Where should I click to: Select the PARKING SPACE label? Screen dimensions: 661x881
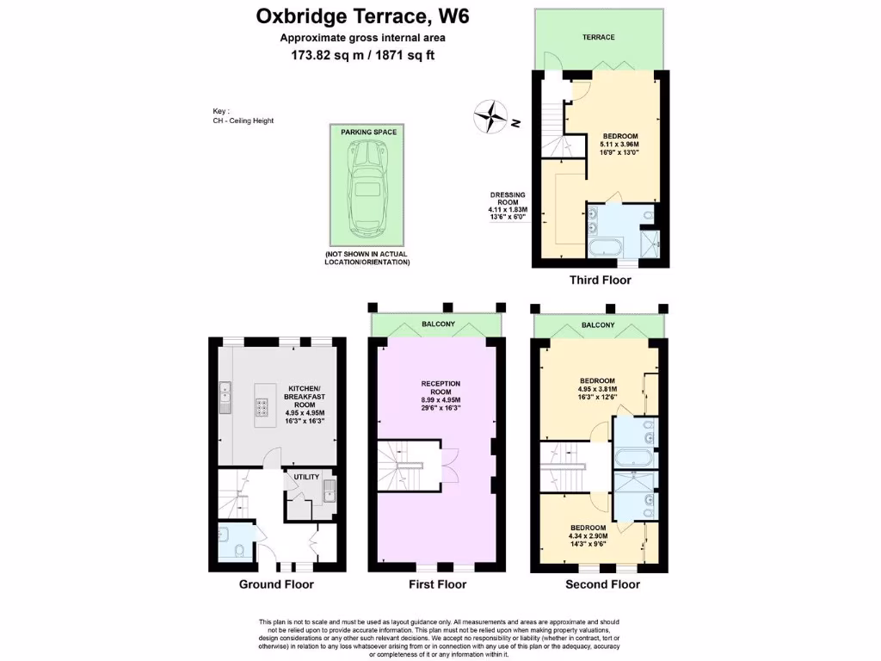(x=367, y=133)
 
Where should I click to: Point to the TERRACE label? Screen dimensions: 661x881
(x=598, y=37)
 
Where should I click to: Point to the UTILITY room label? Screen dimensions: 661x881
(x=306, y=476)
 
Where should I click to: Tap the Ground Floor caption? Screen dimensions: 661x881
(x=275, y=584)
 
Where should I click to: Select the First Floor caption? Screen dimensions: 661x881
(x=437, y=584)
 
